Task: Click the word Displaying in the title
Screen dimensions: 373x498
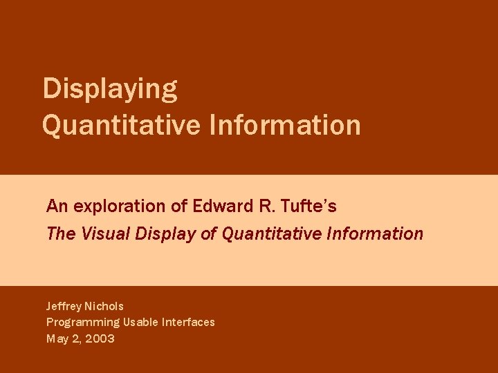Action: (x=110, y=89)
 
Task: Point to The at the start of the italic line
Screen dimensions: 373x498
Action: (x=61, y=233)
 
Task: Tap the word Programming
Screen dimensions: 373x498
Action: (x=83, y=323)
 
